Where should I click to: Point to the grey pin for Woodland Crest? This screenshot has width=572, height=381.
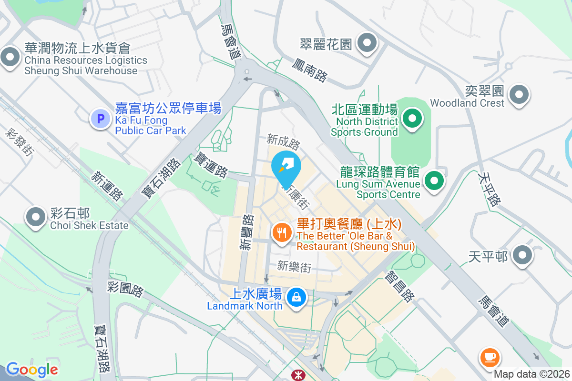(519, 94)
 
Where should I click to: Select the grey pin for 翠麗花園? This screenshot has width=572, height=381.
(367, 43)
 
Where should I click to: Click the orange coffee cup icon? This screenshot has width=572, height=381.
(489, 356)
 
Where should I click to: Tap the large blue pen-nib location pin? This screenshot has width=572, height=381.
(286, 167)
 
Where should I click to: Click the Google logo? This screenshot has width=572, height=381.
(32, 370)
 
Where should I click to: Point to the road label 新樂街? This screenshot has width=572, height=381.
(294, 267)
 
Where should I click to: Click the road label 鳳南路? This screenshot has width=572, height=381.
(310, 70)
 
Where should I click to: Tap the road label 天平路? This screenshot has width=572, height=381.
(489, 189)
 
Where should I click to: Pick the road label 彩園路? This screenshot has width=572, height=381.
(125, 289)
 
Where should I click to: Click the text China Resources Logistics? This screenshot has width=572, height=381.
(86, 60)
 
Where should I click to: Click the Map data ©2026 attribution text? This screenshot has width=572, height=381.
(531, 374)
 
